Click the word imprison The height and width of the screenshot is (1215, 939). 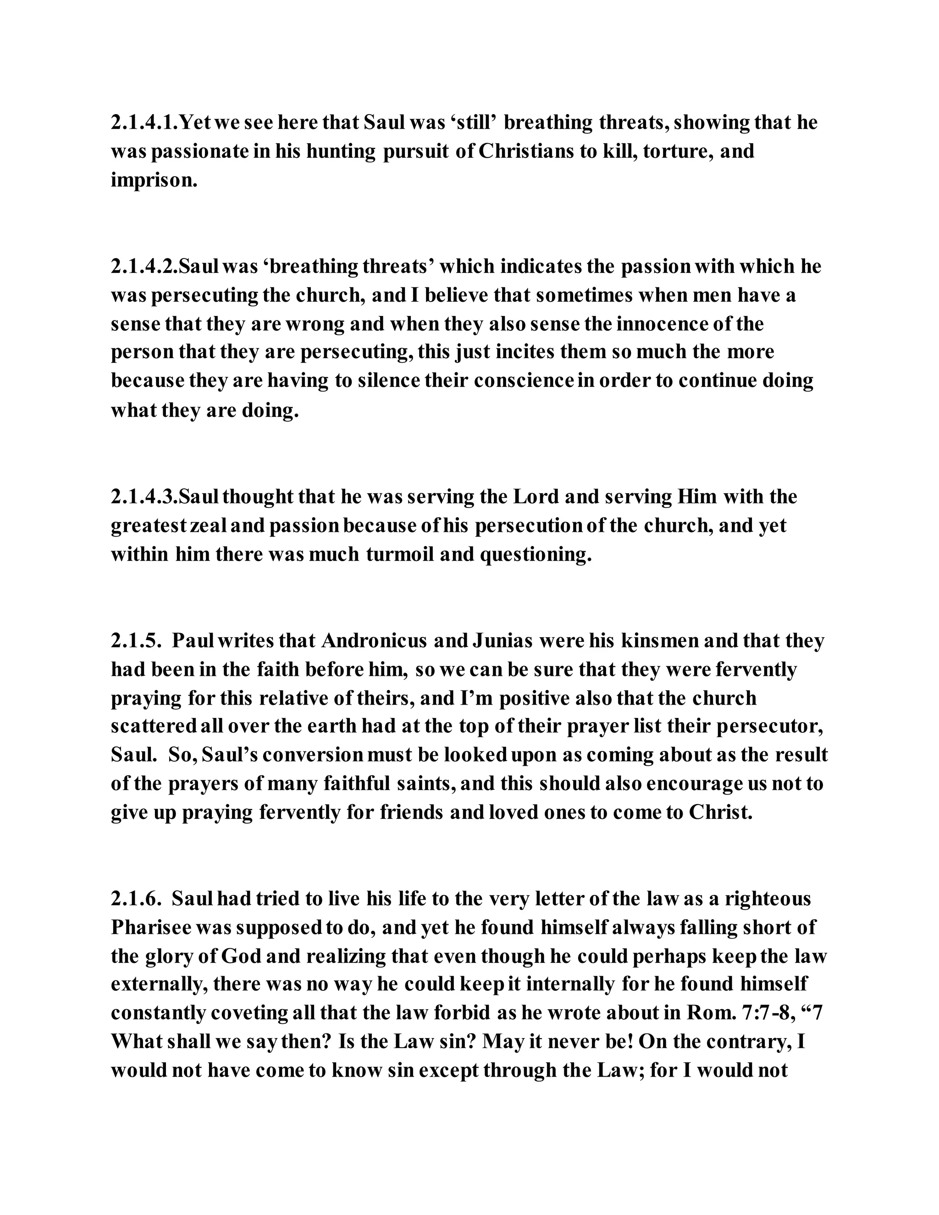click(154, 181)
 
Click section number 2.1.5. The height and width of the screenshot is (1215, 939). click(136, 641)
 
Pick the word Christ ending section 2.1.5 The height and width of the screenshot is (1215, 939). click(720, 813)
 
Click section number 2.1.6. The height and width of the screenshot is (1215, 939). click(136, 899)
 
